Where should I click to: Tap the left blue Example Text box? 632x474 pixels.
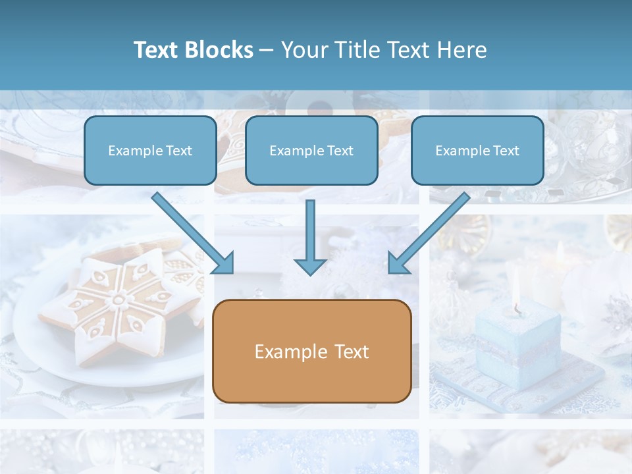click(x=150, y=150)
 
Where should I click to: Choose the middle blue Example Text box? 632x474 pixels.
click(x=311, y=150)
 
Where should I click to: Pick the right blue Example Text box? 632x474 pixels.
click(x=477, y=150)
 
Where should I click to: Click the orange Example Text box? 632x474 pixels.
click(x=311, y=351)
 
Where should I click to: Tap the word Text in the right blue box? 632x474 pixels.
click(x=505, y=151)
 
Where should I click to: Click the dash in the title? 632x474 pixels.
click(x=266, y=50)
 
